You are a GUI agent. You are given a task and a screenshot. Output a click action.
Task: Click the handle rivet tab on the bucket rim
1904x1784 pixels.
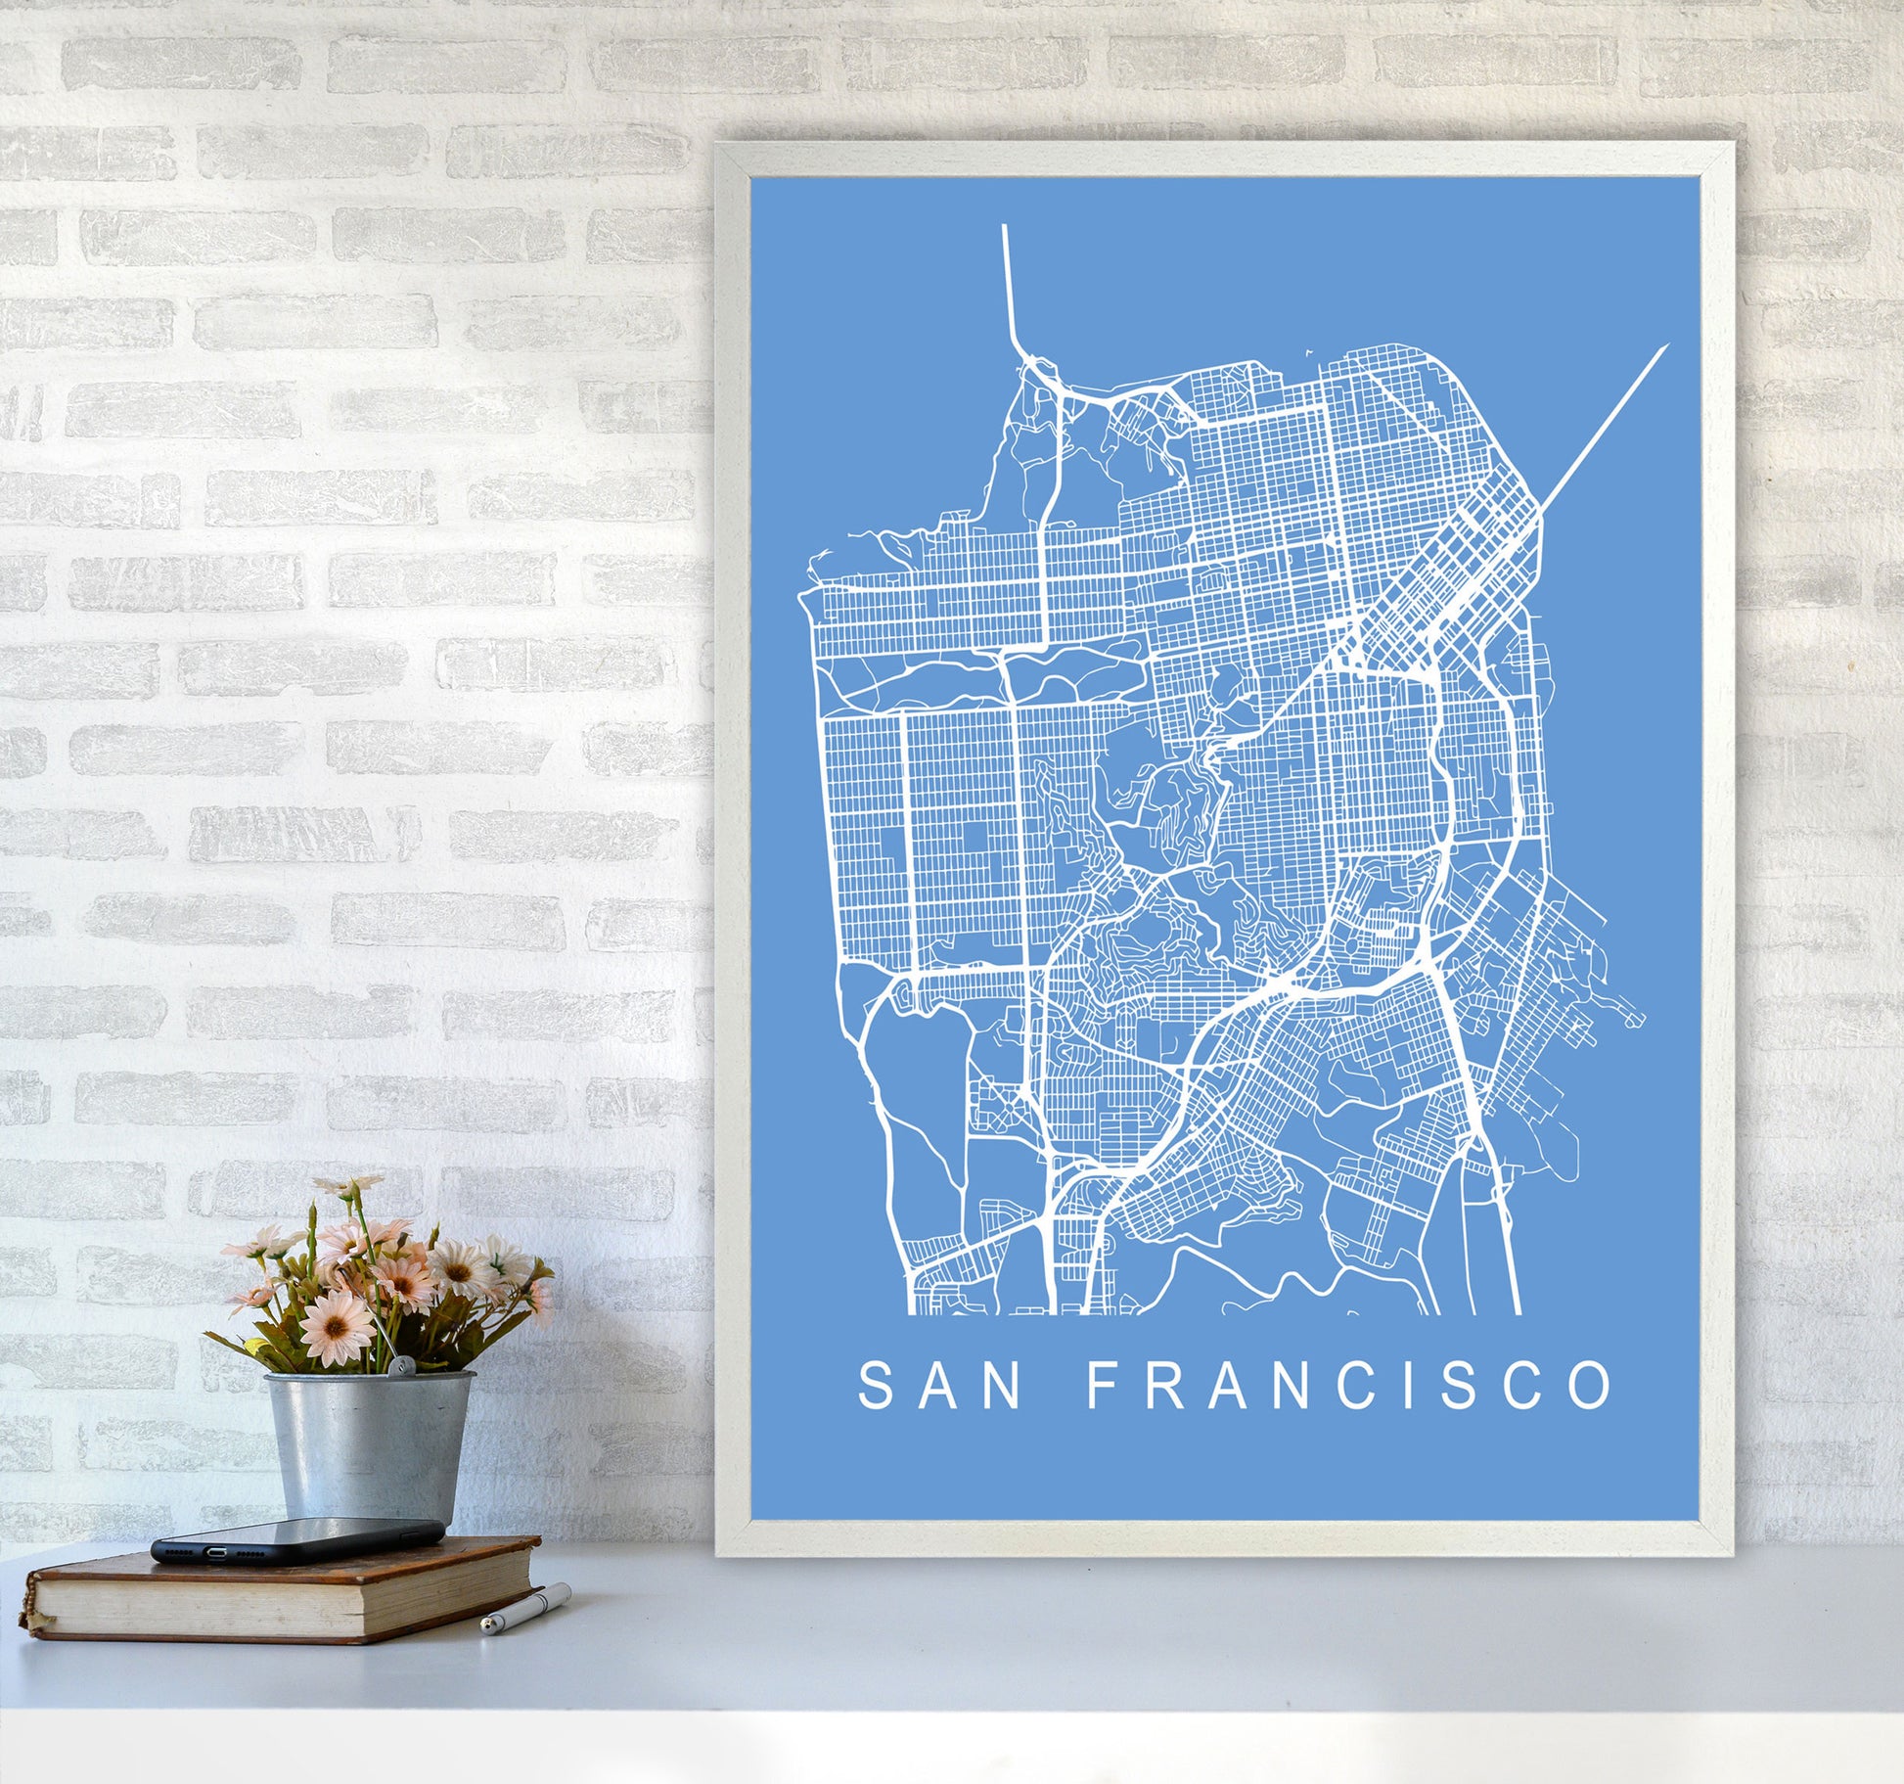point(400,1367)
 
